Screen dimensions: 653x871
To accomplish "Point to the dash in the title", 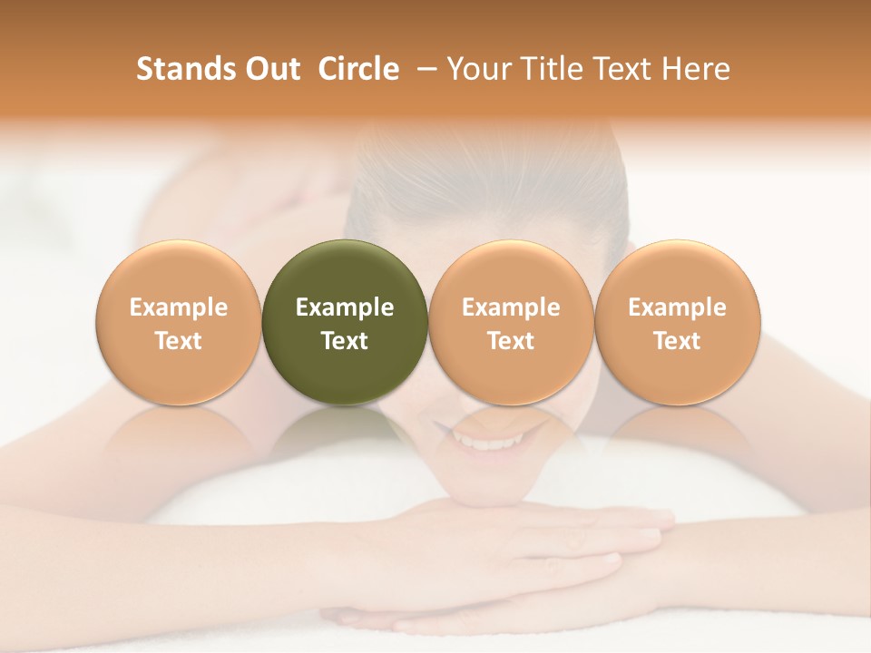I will pyautogui.click(x=423, y=69).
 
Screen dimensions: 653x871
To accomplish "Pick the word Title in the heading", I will pyautogui.click(x=549, y=69).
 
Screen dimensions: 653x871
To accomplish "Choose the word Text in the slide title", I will pyautogui.click(x=624, y=69).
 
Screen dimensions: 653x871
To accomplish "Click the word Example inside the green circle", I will pyautogui.click(x=345, y=307).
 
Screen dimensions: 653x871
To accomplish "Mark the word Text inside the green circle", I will pyautogui.click(x=345, y=341).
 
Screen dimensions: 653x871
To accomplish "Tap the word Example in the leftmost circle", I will pyautogui.click(x=178, y=307).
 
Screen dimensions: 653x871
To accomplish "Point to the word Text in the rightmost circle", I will pyautogui.click(x=677, y=341).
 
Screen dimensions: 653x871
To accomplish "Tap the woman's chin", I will pyautogui.click(x=490, y=485).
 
